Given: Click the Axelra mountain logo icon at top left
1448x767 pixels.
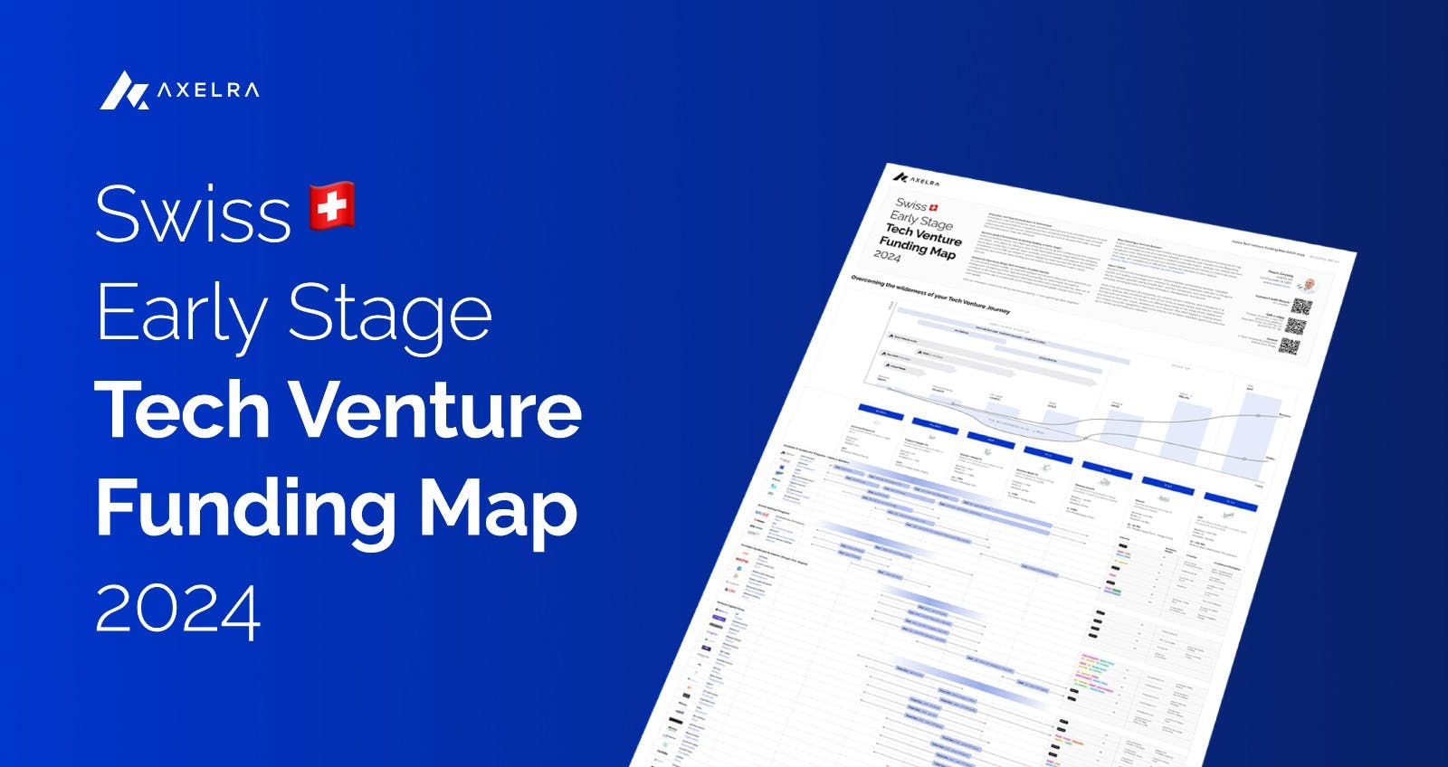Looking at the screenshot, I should pos(124,90).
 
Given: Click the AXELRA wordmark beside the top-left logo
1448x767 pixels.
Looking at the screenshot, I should pos(208,90).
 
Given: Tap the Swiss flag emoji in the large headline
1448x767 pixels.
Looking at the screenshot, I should pos(332,206).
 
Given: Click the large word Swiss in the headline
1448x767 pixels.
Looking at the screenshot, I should pos(193,214).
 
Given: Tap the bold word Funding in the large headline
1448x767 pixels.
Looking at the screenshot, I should pos(245,508).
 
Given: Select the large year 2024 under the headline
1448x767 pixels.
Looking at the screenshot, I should pos(178,611).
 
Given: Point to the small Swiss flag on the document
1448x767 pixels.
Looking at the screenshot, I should pos(934,208).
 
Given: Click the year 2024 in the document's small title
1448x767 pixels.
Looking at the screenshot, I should pos(887,256).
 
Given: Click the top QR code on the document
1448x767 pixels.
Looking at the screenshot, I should pos(1301,307).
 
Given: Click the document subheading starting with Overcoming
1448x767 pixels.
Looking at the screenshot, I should pos(929,295).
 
